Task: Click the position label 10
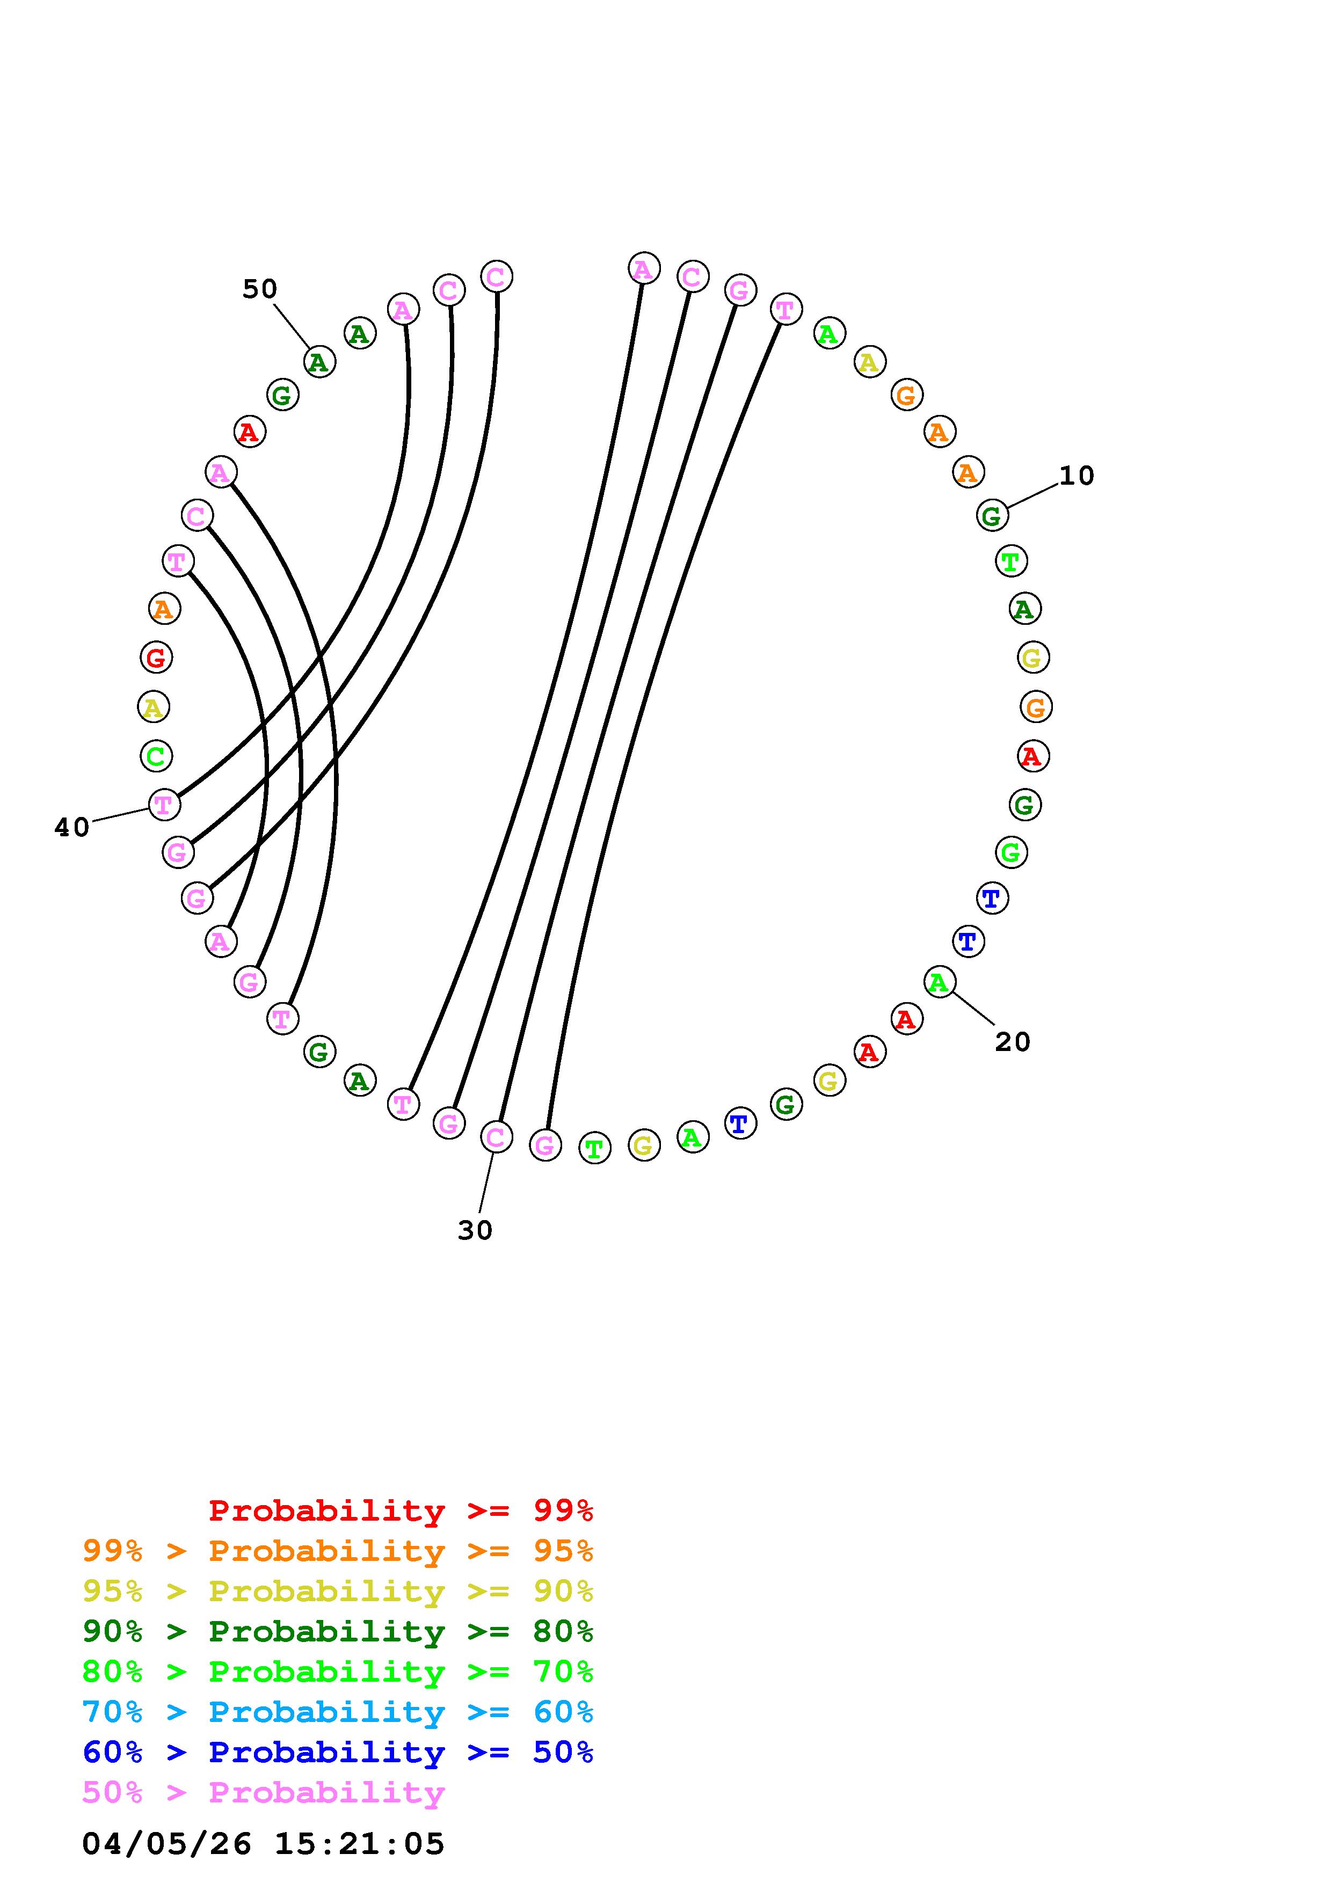1076,476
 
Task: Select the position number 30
475,1230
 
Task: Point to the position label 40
71,828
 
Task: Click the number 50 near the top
259,289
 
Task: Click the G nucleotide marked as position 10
992,516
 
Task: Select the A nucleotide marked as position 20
939,982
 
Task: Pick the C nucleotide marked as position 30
496,1137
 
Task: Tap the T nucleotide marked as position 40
164,805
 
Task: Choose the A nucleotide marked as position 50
319,362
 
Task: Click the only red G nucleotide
155,657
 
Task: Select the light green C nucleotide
155,755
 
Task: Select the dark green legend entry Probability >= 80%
337,1632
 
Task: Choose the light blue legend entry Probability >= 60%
337,1712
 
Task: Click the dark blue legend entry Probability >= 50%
337,1753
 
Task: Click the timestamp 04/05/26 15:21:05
263,1844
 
